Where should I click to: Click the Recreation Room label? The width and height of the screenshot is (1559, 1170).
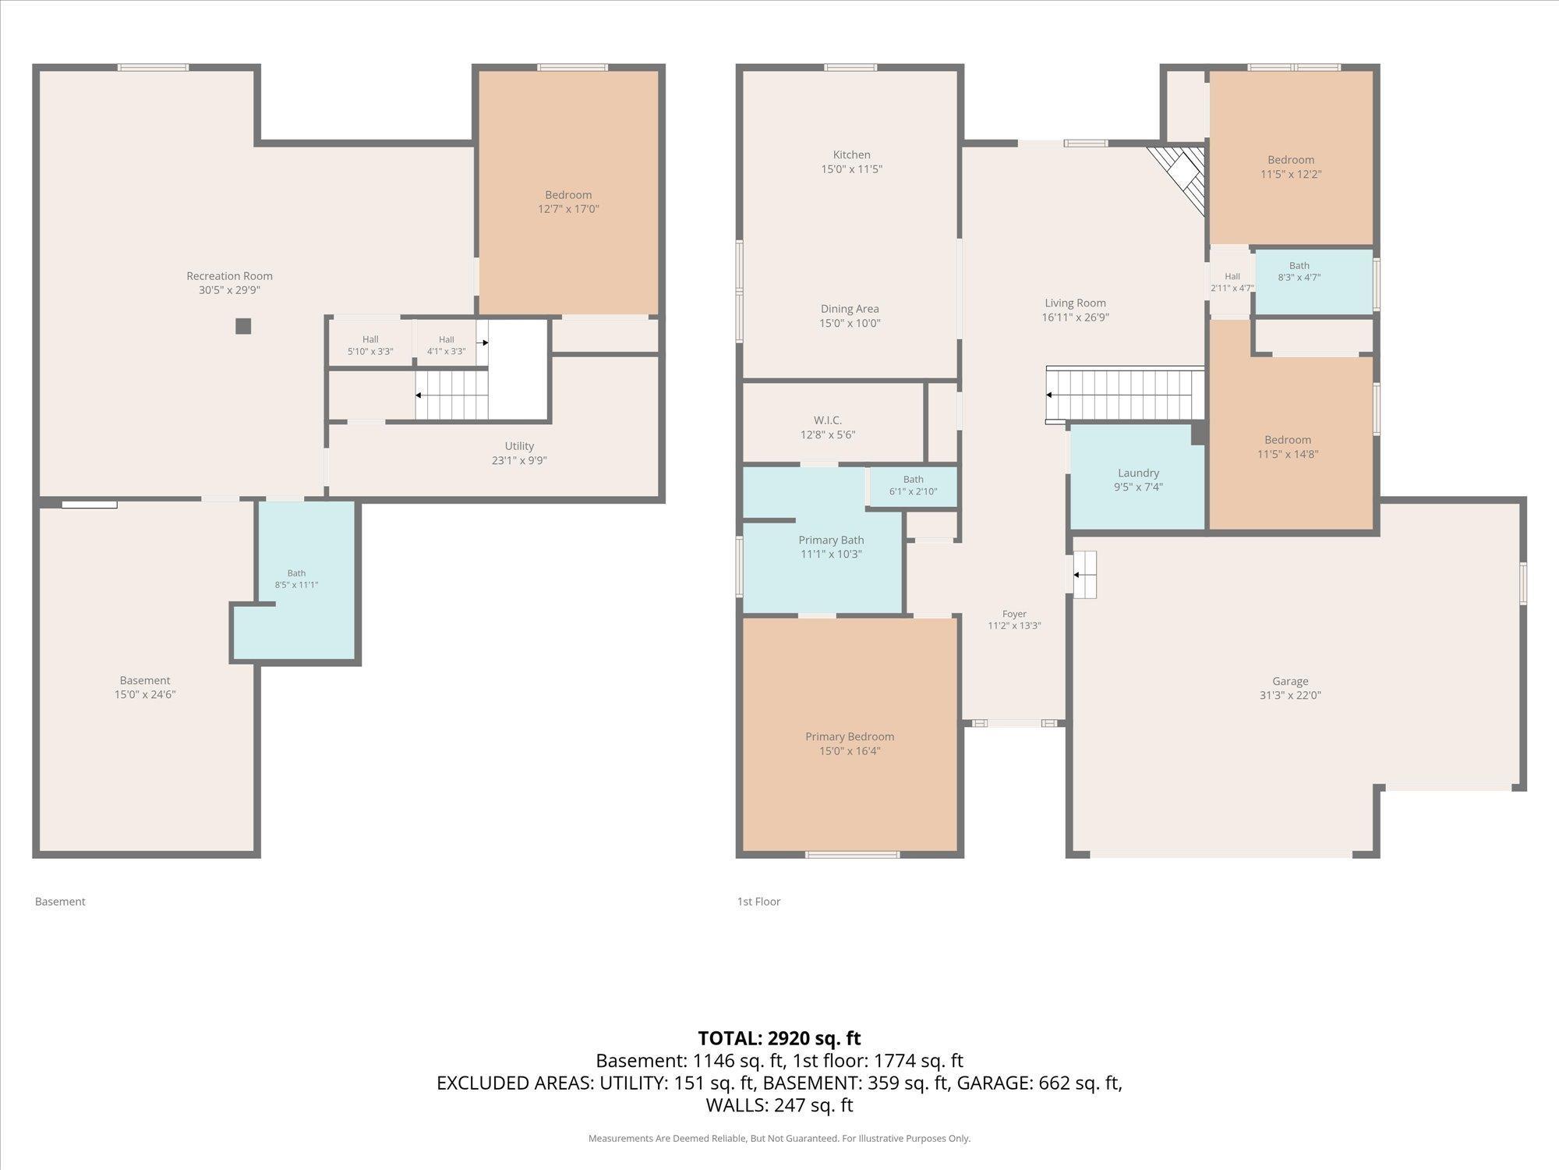[229, 276]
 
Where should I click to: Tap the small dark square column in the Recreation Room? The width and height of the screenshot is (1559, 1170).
[243, 326]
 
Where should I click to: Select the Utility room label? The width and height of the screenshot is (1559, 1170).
[519, 446]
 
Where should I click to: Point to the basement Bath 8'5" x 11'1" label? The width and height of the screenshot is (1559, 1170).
[296, 579]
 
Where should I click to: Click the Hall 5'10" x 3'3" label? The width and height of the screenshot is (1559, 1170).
[370, 346]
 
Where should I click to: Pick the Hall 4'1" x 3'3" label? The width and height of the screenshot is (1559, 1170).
[446, 346]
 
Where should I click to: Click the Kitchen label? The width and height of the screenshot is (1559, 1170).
[851, 155]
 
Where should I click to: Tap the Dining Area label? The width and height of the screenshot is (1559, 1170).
[850, 309]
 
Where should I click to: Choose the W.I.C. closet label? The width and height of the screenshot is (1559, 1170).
[828, 420]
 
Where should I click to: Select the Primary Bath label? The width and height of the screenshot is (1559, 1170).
[831, 540]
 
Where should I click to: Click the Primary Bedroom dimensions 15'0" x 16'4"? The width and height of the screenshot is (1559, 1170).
[850, 751]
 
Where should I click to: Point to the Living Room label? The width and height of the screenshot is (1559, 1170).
[1075, 303]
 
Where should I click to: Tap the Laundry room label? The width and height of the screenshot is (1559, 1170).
[1138, 473]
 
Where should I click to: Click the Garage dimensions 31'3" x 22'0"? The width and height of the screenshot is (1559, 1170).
[1290, 696]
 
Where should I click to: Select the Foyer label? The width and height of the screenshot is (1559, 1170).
[1014, 614]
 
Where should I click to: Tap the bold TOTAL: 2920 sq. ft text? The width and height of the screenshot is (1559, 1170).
[779, 1038]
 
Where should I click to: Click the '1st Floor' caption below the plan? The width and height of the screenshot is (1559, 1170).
[758, 902]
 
